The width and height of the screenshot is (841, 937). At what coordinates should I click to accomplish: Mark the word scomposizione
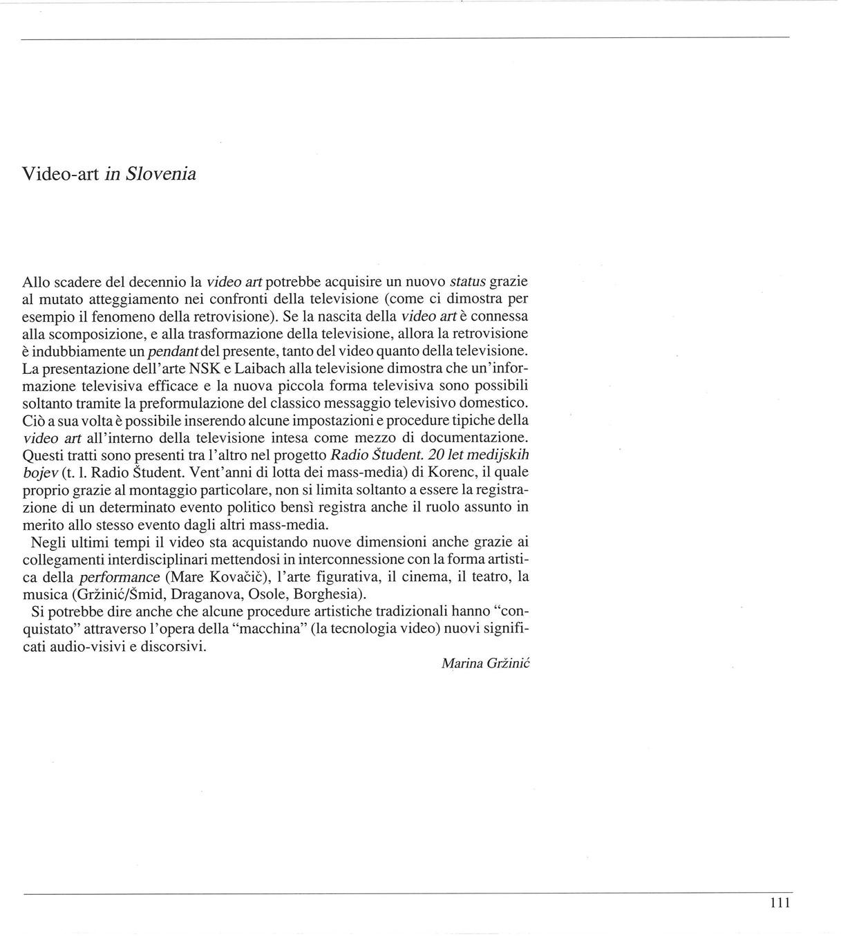100,334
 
